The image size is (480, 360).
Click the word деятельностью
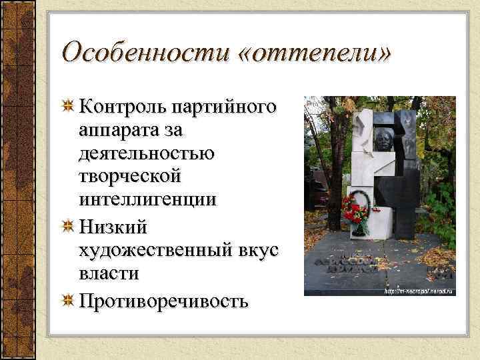click(x=146, y=154)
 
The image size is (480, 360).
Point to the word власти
click(x=108, y=274)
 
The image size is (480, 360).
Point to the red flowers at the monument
click(x=353, y=211)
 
